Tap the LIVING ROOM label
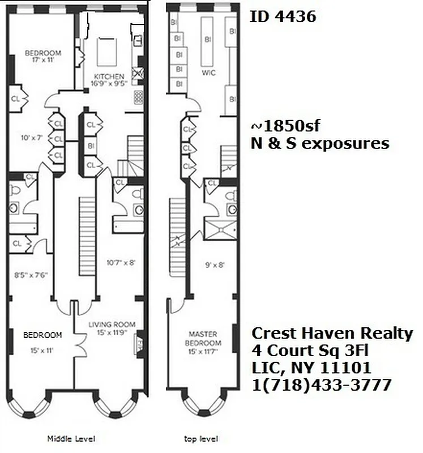pyautogui.click(x=112, y=324)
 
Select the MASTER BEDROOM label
pyautogui.click(x=203, y=339)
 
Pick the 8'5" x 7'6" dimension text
pyautogui.click(x=31, y=275)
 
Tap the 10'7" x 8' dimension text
pyautogui.click(x=121, y=262)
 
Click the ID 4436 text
pyautogui.click(x=283, y=17)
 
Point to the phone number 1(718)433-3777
pyautogui.click(x=321, y=385)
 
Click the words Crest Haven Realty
pyautogui.click(x=332, y=333)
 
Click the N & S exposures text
pyautogui.click(x=320, y=143)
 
